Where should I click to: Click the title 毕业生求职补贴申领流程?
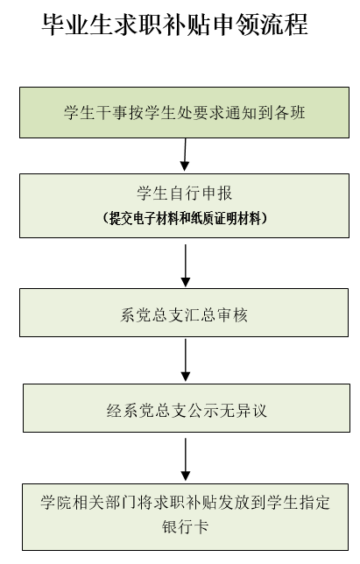click(175, 25)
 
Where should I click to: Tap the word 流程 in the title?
click(285, 25)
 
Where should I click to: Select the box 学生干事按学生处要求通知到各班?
click(184, 112)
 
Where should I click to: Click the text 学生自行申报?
click(184, 194)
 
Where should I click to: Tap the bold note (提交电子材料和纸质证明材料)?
click(185, 218)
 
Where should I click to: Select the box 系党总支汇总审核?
click(184, 313)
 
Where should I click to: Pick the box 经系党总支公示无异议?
click(187, 408)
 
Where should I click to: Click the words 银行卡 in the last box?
click(185, 527)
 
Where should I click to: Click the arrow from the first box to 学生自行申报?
click(185, 155)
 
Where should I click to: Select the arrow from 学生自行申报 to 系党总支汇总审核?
click(185, 265)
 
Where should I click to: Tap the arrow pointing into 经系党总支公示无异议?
click(185, 360)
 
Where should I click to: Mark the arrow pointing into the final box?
click(185, 459)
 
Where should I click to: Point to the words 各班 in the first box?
click(290, 113)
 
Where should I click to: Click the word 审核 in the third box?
click(232, 315)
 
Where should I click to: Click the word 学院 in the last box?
click(56, 503)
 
